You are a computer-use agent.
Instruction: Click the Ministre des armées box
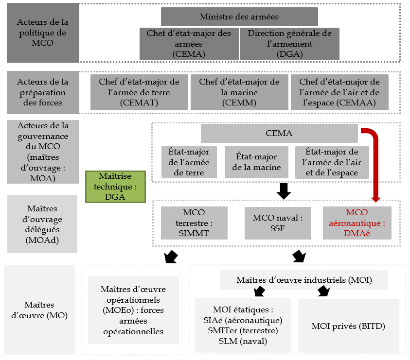pyautogui.click(x=239, y=17)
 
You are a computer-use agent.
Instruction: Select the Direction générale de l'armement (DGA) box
pyautogui.click(x=289, y=44)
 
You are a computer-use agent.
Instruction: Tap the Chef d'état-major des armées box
pyautogui.click(x=189, y=44)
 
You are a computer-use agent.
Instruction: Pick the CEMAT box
pyautogui.click(x=139, y=92)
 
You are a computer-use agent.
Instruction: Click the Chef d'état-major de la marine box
pyautogui.click(x=239, y=92)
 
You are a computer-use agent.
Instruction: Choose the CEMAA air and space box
pyautogui.click(x=339, y=92)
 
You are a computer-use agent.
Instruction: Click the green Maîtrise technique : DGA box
pyautogui.click(x=115, y=186)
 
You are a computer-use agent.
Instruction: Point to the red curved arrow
pyautogui.click(x=375, y=160)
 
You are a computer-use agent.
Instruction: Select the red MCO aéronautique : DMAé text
pyautogui.click(x=357, y=223)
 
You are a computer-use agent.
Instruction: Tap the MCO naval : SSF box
pyautogui.click(x=278, y=223)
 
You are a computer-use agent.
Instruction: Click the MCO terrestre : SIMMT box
pyautogui.click(x=194, y=223)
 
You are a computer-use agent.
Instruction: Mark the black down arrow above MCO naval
pyautogui.click(x=283, y=191)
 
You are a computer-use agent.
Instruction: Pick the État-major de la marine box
pyautogui.click(x=256, y=162)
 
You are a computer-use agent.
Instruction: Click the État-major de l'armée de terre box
pyautogui.click(x=182, y=162)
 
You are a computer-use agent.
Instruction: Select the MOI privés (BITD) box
pyautogui.click(x=348, y=326)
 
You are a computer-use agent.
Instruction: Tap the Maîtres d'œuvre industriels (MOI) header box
pyautogui.click(x=304, y=280)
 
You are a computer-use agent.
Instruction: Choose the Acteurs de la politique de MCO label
pyautogui.click(x=43, y=32)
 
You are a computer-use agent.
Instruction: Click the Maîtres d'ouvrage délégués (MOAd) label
pyautogui.click(x=42, y=224)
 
